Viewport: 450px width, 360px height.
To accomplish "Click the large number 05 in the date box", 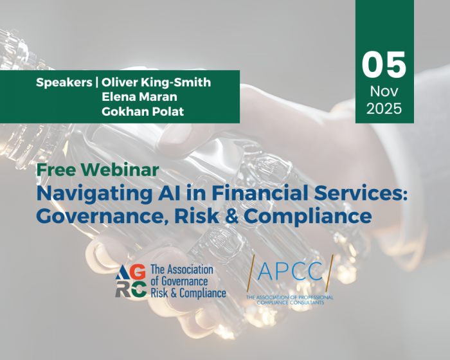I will click(384, 65).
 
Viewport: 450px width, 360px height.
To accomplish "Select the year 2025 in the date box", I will click(384, 109).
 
